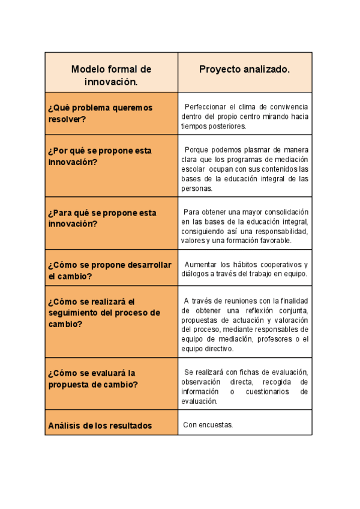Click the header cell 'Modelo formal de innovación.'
(x=111, y=75)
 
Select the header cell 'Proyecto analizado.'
(x=244, y=70)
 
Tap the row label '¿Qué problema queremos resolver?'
(x=100, y=113)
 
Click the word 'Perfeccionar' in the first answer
(x=205, y=107)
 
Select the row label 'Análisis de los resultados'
(x=100, y=426)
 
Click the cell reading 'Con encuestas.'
(x=208, y=426)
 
